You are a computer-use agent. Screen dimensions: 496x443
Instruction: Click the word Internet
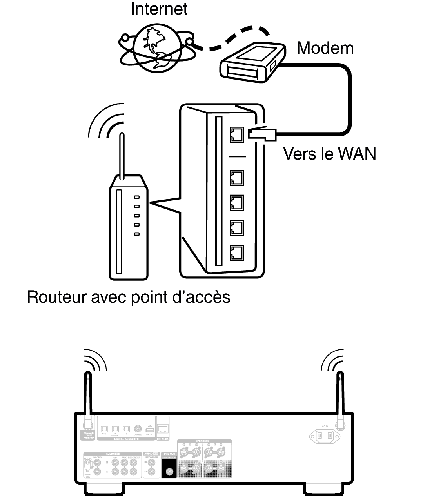point(159,9)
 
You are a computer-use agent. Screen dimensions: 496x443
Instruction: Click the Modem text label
point(325,48)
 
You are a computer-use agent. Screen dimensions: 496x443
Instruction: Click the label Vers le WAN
point(329,154)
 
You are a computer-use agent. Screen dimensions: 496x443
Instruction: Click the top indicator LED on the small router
point(137,198)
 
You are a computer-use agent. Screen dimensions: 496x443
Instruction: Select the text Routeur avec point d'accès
point(129,297)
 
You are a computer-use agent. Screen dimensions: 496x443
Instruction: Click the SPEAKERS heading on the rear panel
point(202,441)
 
